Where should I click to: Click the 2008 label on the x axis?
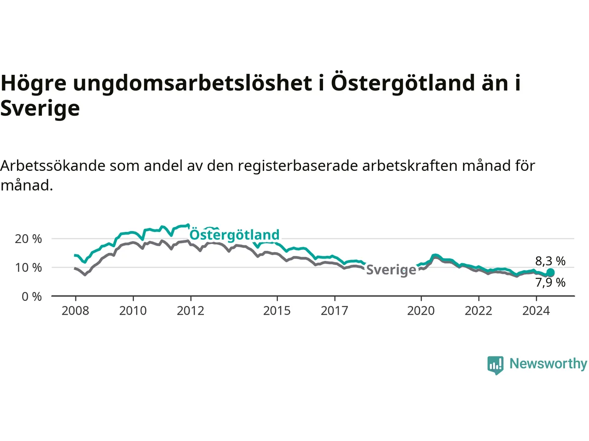click(x=75, y=311)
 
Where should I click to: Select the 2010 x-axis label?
click(x=133, y=311)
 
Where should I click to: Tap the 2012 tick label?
click(x=191, y=311)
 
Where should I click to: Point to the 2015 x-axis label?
click(x=277, y=311)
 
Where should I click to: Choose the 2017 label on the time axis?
click(x=335, y=311)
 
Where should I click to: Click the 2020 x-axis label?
click(x=421, y=311)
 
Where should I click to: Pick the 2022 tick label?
click(x=479, y=311)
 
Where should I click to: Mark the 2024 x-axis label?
click(x=536, y=311)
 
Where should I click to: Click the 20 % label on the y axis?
click(x=28, y=239)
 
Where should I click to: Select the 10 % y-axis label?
click(x=28, y=268)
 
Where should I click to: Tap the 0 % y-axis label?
click(x=32, y=297)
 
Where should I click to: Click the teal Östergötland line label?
click(x=235, y=235)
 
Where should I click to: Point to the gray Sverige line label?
click(x=391, y=270)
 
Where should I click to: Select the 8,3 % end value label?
click(x=550, y=261)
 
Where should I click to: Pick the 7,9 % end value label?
click(x=550, y=283)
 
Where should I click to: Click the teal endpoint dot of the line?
click(x=551, y=272)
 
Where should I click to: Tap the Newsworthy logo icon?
click(x=495, y=365)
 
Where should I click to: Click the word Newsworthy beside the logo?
click(x=548, y=364)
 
